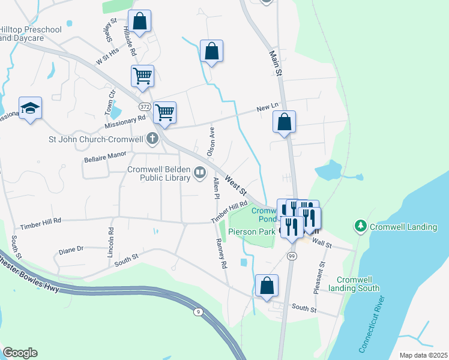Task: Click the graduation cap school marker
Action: tap(30, 109)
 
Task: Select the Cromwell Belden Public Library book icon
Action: tap(199, 174)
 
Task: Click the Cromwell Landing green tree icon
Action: tap(360, 226)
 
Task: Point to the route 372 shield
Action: tap(144, 106)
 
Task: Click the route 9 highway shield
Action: tap(197, 311)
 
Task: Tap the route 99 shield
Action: tap(292, 256)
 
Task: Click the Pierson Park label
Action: tap(251, 232)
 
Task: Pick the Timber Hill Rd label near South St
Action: tap(41, 224)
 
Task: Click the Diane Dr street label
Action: tap(71, 248)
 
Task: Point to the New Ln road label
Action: tap(267, 107)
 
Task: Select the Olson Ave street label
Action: tap(211, 142)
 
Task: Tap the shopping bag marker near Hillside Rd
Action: tap(139, 22)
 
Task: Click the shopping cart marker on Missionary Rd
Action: tap(164, 112)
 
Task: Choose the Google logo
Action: tap(20, 353)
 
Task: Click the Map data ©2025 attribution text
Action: tap(423, 355)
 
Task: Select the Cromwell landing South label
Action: tap(358, 284)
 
